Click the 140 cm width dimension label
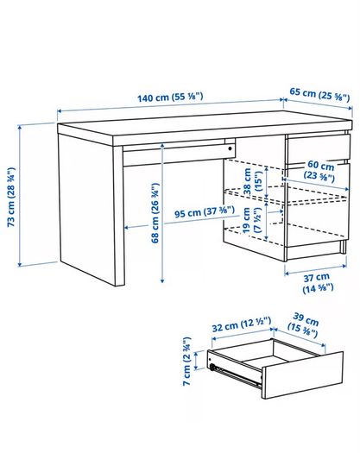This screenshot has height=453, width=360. coord(170,97)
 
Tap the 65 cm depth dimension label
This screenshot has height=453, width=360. coord(319,95)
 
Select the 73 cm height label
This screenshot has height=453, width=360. coord(11,197)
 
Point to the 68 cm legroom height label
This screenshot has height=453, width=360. coord(155,213)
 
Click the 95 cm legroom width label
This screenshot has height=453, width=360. coord(205,212)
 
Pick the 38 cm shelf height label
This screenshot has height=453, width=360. coord(252,181)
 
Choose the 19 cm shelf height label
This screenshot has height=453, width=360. coord(251,220)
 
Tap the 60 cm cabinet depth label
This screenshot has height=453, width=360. coord(319,171)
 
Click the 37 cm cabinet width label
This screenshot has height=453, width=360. coord(318,282)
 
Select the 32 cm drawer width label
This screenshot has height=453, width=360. coord(242,324)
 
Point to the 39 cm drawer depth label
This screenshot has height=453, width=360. coord(304,324)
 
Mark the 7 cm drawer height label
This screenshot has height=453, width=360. coord(186,361)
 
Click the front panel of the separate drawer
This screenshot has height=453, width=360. coord(302,374)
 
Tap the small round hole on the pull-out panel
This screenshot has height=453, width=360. coord(230,148)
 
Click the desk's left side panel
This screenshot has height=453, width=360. coord(86,209)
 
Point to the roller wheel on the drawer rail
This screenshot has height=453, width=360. coord(213,367)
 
